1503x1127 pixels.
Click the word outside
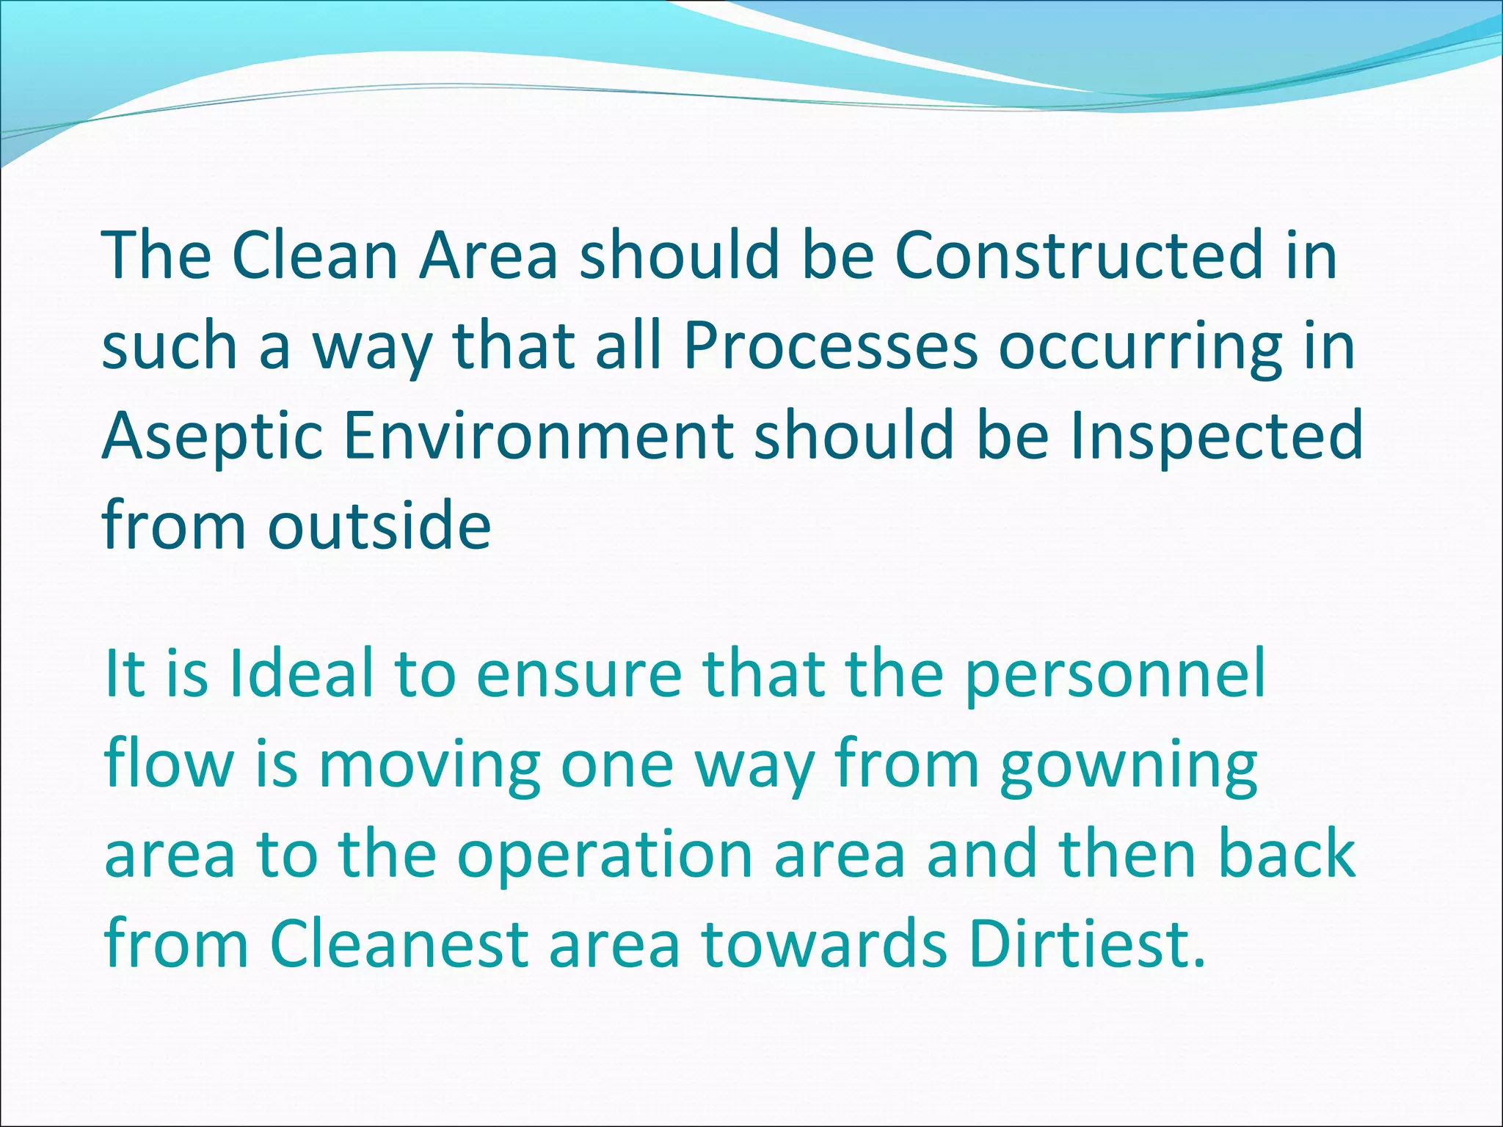click(379, 525)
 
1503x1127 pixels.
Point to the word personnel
click(1115, 676)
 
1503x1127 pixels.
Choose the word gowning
click(1129, 766)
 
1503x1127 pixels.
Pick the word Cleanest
click(399, 944)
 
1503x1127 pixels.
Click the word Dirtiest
click(1085, 944)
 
